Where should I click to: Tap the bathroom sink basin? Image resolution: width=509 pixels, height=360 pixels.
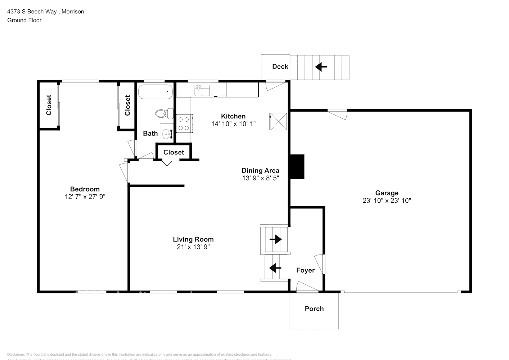tap(167, 134)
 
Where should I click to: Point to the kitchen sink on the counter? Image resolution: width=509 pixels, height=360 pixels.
tap(202, 91)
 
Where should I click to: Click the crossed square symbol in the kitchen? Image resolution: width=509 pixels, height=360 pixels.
tap(278, 121)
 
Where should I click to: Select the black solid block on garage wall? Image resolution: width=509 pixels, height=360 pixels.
tap(297, 166)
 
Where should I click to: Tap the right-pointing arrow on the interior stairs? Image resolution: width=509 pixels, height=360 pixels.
tap(276, 239)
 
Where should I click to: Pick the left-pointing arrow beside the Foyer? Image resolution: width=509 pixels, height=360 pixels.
tap(275, 268)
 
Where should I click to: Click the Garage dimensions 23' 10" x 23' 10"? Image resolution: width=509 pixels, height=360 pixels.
tap(387, 201)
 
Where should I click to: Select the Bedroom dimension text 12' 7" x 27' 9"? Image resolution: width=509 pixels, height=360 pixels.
tap(85, 197)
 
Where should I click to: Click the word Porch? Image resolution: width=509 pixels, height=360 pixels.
tap(314, 309)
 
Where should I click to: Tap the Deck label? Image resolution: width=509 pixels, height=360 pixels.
tap(280, 67)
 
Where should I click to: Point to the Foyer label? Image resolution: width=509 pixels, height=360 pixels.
tap(305, 270)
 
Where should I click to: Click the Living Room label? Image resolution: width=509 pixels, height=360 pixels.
tap(193, 239)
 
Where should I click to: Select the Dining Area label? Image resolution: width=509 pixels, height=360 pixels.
tap(260, 171)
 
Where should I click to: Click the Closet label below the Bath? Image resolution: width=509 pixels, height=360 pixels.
tap(174, 152)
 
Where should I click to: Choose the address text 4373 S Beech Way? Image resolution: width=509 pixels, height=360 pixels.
tap(32, 12)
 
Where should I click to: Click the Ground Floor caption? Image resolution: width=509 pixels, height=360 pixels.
tap(24, 20)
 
